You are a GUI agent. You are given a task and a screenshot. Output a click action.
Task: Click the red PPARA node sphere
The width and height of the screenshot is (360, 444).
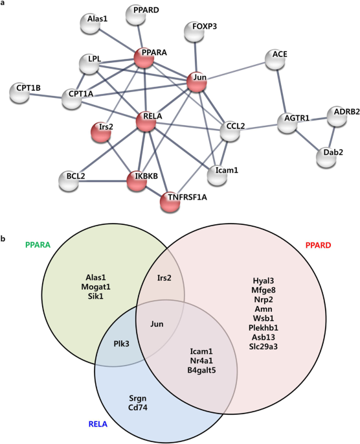click(x=144, y=59)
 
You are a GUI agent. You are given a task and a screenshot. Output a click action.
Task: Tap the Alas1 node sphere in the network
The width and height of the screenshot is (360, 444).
click(x=95, y=23)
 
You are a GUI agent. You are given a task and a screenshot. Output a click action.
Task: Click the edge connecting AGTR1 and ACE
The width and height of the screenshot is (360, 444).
click(x=282, y=91)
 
